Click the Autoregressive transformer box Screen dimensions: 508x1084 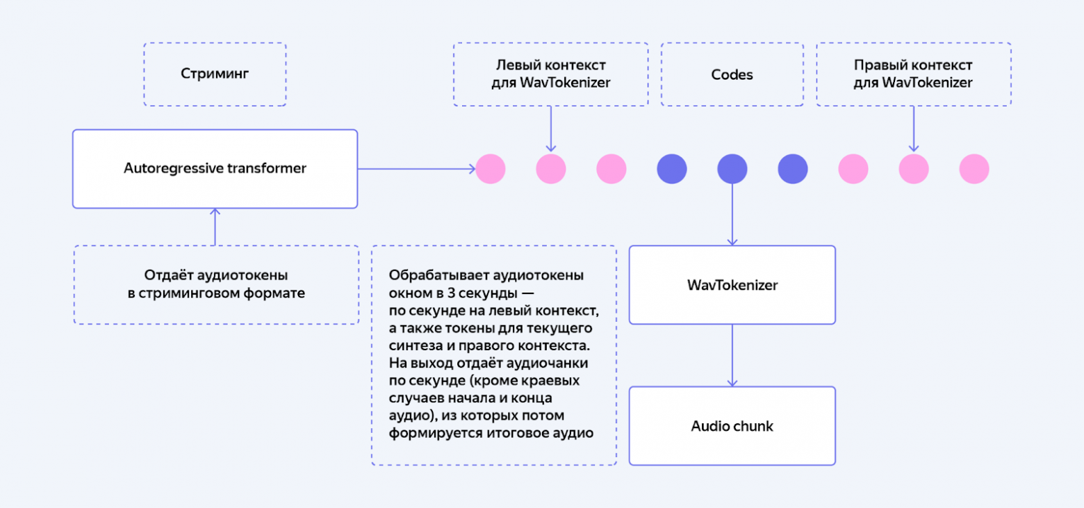215,169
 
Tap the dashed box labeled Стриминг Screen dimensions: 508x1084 215,74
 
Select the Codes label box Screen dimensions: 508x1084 732,74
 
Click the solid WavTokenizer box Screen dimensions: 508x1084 732,285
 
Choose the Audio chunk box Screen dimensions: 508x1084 732,426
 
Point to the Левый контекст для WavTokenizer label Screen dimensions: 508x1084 550,74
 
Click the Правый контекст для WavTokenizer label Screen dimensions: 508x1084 913,74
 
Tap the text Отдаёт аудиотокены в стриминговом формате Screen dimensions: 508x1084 216,284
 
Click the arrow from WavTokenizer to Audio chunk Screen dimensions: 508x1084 732,354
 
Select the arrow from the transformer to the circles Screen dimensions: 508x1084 416,169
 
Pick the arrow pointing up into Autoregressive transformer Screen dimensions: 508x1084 215,227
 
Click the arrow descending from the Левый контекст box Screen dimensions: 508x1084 550,129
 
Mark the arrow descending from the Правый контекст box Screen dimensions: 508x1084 913,129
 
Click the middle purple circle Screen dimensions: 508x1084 732,169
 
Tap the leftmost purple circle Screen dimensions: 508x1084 672,169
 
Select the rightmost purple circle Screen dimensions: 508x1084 792,169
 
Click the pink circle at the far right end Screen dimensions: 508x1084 974,169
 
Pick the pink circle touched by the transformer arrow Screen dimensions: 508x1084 491,169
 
